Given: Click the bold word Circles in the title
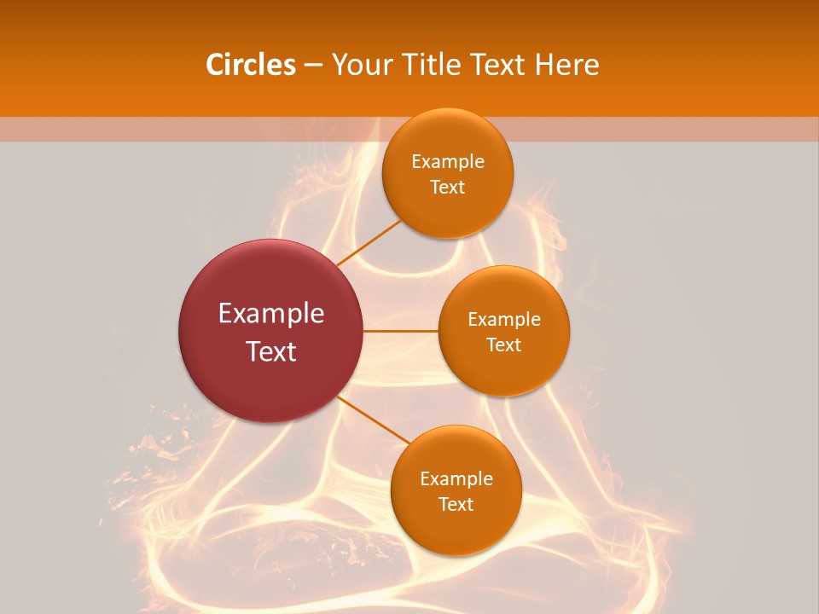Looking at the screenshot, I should tap(250, 65).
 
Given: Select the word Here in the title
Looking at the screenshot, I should tap(566, 65).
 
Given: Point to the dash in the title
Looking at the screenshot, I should tap(313, 66).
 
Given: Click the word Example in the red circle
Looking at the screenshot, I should tap(271, 314).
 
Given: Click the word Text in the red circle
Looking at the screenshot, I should tap(271, 351).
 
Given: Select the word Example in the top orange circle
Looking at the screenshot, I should tap(448, 162).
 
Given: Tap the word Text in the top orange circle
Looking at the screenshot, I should tap(448, 188).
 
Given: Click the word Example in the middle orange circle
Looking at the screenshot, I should tap(503, 320).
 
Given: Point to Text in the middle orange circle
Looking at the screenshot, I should tap(503, 345).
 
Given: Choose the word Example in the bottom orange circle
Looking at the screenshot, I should tap(456, 479).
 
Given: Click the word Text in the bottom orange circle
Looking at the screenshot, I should tap(456, 505).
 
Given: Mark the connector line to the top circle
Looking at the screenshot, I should tap(368, 243).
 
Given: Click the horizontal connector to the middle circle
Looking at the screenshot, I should tap(401, 331).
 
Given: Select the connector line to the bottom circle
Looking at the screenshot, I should tap(372, 420).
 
